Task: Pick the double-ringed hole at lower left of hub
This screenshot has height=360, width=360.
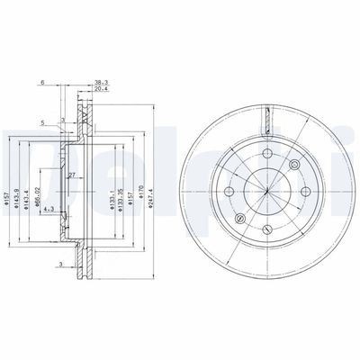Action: tap(239, 217)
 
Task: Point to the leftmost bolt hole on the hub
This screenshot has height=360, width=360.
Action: tap(229, 192)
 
